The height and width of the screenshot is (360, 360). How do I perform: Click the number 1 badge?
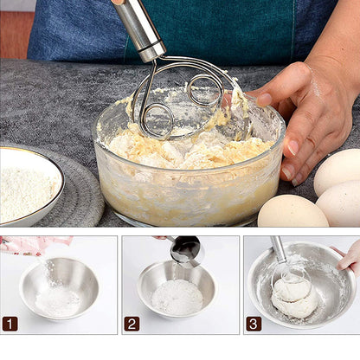(x=10, y=324)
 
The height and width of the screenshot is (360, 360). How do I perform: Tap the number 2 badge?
(x=132, y=324)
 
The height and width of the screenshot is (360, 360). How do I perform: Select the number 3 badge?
(x=254, y=324)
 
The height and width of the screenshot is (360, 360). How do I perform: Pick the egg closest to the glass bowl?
(x=292, y=211)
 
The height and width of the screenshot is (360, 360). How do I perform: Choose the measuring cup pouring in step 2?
(x=185, y=250)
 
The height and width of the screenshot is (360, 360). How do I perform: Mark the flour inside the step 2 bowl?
(x=177, y=297)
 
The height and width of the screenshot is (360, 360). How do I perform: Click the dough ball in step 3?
(x=294, y=299)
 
